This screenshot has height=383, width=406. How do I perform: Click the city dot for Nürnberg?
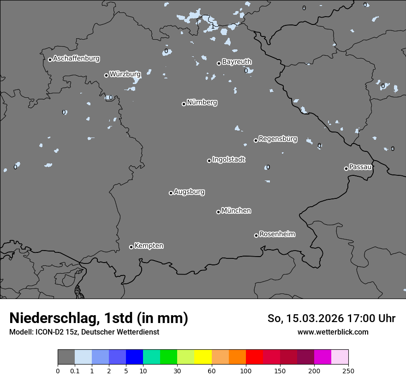184,104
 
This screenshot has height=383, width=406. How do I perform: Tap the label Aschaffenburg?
76,59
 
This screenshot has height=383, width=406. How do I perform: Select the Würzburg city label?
125,74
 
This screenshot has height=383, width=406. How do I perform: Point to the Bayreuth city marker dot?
219,63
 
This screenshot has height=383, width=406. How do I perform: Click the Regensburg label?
278,138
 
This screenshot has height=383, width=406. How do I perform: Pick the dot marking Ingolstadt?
209,161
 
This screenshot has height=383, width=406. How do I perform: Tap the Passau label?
360,167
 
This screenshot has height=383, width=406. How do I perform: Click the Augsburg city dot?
171,193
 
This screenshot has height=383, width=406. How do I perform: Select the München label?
236,210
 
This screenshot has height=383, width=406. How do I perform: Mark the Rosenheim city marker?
256,235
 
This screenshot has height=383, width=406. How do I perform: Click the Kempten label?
149,245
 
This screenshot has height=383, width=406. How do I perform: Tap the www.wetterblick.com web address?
333,332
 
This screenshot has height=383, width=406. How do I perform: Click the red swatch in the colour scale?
254,357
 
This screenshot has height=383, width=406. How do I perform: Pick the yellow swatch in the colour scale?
203,357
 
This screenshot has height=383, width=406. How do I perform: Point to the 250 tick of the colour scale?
348,371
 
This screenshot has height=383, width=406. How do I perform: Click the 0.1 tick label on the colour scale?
75,371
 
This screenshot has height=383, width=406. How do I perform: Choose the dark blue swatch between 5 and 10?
134,357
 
